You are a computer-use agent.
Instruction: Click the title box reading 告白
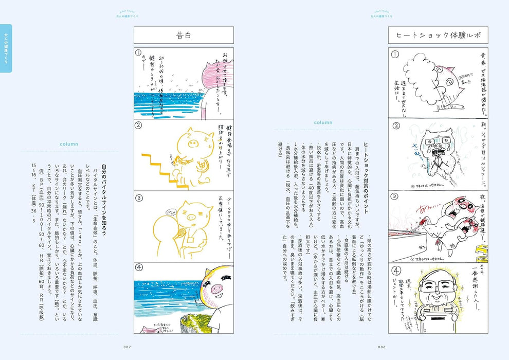(x=184, y=35)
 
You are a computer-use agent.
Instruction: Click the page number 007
(x=128, y=347)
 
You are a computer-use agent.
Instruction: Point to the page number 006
(x=381, y=347)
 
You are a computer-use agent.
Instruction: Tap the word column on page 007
(x=68, y=144)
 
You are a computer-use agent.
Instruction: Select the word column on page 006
(x=323, y=122)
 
